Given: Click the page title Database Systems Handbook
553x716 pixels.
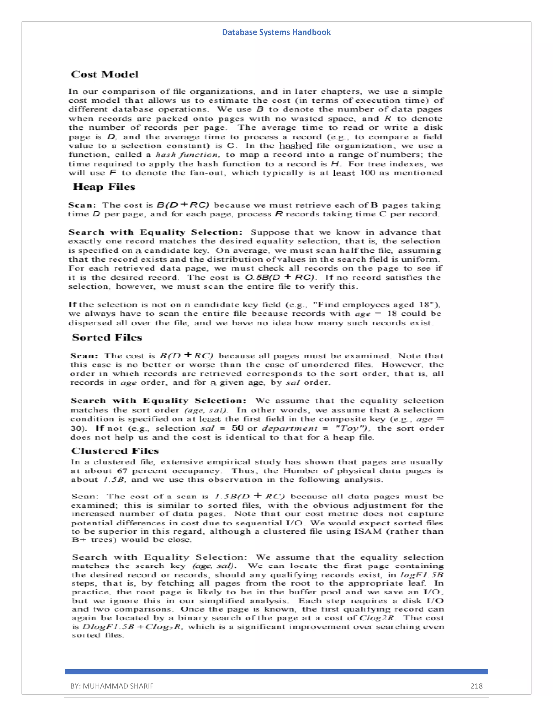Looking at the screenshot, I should (276, 32).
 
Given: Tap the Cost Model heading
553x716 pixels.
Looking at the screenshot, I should (104, 74).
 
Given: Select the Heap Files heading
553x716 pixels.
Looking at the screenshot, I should (104, 187).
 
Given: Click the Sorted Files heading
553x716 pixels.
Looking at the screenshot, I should (107, 338).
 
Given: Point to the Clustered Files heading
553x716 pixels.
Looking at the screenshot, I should (115, 451).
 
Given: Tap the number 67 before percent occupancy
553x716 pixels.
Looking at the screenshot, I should (122, 471).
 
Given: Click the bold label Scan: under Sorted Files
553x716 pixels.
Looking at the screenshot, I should (84, 356).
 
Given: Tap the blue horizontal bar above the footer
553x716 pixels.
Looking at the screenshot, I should (276, 672).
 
